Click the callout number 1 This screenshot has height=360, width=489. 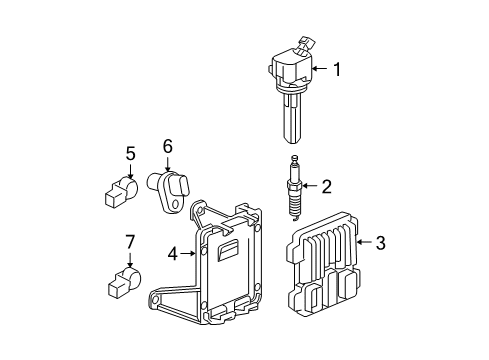[337, 69]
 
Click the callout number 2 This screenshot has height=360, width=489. [326, 184]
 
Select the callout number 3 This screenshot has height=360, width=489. [380, 241]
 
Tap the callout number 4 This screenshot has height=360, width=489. [173, 254]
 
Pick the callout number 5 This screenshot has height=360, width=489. [130, 153]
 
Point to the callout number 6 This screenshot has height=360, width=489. [167, 146]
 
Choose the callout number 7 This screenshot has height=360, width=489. [130, 242]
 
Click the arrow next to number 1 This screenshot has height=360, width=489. [318, 69]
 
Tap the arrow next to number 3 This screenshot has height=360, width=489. [361, 241]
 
